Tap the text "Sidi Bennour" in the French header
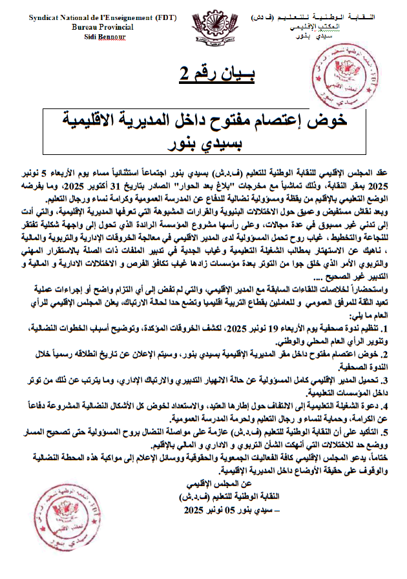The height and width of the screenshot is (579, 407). click(105, 37)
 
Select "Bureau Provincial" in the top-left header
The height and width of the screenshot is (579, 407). click(103, 27)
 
